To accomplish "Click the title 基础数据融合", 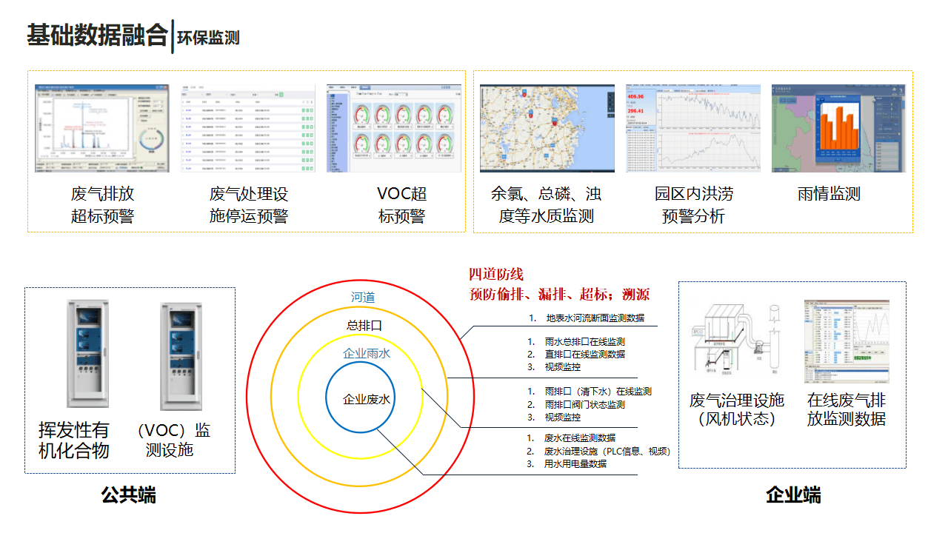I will pyautogui.click(x=97, y=36).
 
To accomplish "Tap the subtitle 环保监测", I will pyautogui.click(x=208, y=38).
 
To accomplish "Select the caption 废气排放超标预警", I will pyautogui.click(x=102, y=205).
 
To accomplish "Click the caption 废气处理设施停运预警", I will pyautogui.click(x=248, y=205).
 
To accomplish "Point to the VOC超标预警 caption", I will pyautogui.click(x=401, y=205).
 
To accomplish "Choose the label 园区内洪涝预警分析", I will pyautogui.click(x=693, y=205).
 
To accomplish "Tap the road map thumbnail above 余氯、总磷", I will pyautogui.click(x=547, y=128).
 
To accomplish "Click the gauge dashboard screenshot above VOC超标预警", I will pyautogui.click(x=394, y=128).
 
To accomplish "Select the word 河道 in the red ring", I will pyautogui.click(x=363, y=298).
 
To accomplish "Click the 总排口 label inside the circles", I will pyautogui.click(x=363, y=325).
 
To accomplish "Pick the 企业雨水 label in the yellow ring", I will pyautogui.click(x=367, y=353).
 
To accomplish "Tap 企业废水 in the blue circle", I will pyautogui.click(x=367, y=400).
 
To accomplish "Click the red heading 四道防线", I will pyautogui.click(x=496, y=275).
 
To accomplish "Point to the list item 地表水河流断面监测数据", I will pyautogui.click(x=595, y=318).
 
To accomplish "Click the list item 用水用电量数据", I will pyautogui.click(x=575, y=464).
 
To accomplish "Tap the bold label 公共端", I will pyautogui.click(x=129, y=495).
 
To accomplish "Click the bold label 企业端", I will pyautogui.click(x=793, y=495).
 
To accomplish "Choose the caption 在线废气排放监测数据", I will pyautogui.click(x=846, y=409).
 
